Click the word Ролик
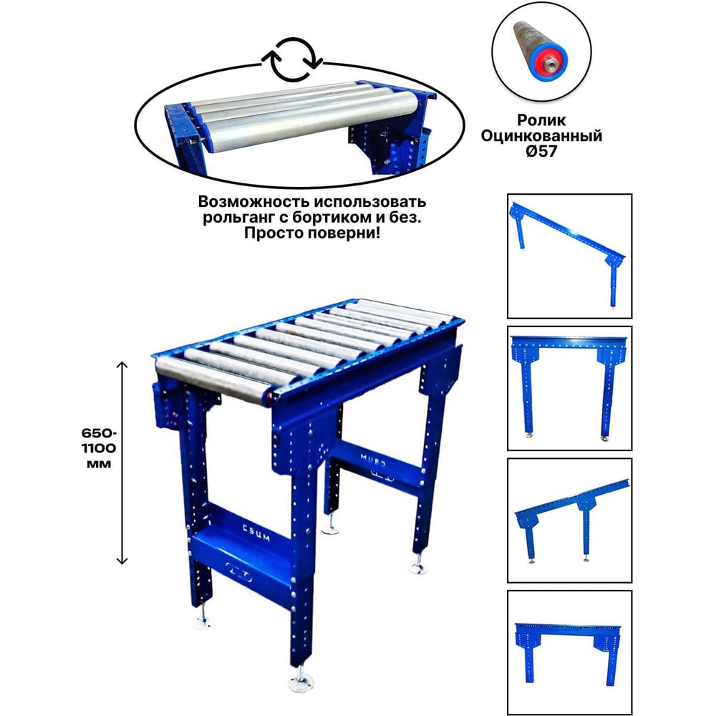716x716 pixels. pos(541,120)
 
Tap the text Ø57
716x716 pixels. pos(541,151)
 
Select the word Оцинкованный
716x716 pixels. pos(541,135)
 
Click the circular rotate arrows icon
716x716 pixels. pos(293,60)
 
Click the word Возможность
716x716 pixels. pos(254,201)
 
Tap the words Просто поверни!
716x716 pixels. pos(312,233)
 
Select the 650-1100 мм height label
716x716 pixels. pos(99,448)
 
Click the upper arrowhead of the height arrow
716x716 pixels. pos(122,364)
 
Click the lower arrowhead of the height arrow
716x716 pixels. pos(122,561)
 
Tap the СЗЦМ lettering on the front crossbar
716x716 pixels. pos(256,533)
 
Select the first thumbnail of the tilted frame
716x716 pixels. pos(569,256)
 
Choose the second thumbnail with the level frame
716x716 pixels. pos(569,388)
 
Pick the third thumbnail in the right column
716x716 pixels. pos(569,521)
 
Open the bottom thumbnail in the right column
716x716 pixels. pos(569,653)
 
